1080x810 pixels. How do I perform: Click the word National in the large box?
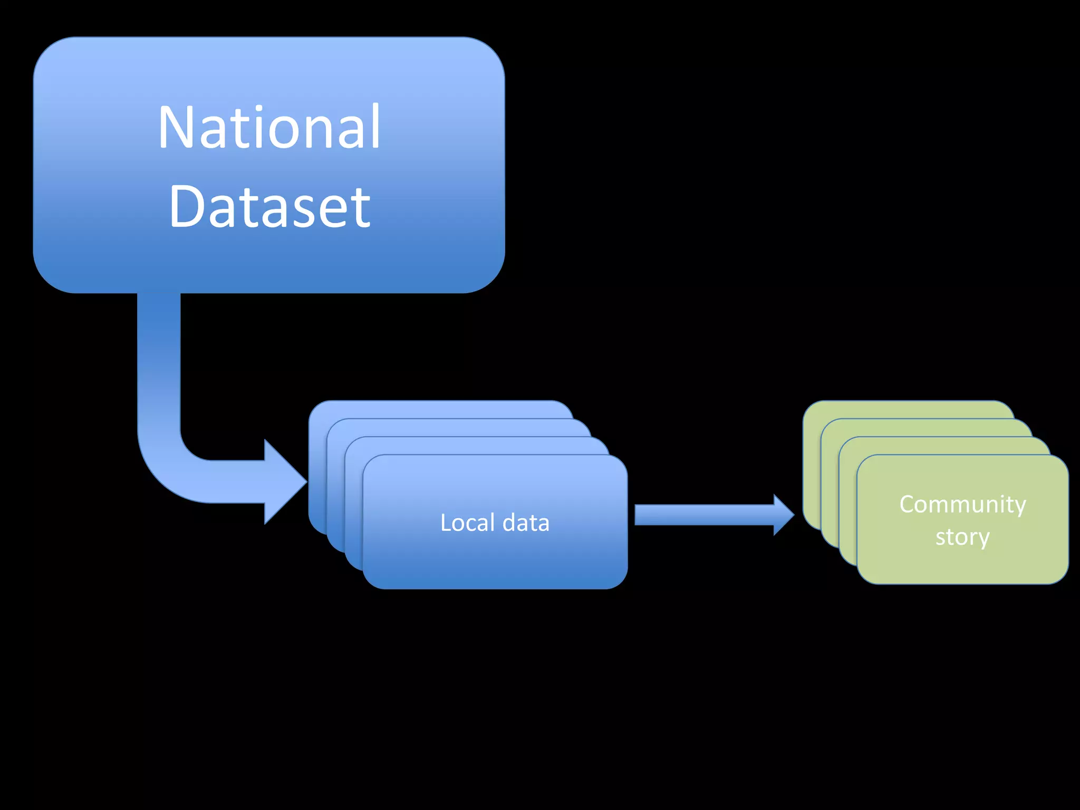click(x=269, y=127)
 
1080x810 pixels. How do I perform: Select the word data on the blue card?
click(x=526, y=523)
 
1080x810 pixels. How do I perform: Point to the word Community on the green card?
click(x=962, y=504)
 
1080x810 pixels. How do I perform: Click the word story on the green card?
click(x=962, y=537)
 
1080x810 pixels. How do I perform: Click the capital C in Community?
click(x=909, y=504)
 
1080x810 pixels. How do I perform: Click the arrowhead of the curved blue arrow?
click(x=285, y=481)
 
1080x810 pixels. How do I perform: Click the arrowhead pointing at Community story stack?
click(x=783, y=515)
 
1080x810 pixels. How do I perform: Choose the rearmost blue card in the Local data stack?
click(x=438, y=409)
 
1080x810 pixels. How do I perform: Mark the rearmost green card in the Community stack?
click(x=907, y=409)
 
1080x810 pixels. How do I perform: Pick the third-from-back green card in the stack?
click(x=944, y=446)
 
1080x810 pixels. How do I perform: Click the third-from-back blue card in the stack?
click(x=475, y=446)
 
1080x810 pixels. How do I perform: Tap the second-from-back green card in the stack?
click(x=925, y=428)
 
